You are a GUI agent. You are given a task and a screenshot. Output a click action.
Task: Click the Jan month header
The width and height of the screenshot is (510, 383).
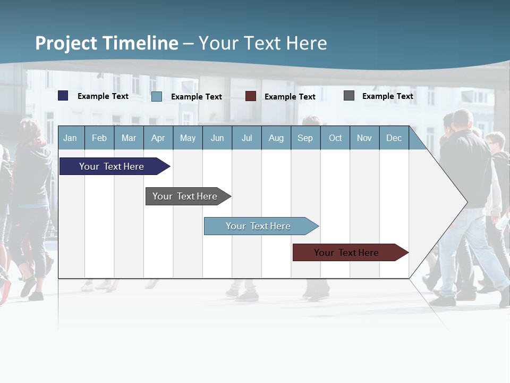click(x=70, y=138)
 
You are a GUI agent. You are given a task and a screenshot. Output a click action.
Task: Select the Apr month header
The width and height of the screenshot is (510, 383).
click(x=158, y=138)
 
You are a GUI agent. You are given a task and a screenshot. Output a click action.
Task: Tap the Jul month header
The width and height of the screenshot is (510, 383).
click(x=246, y=138)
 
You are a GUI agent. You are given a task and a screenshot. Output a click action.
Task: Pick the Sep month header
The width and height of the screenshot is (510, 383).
click(x=305, y=138)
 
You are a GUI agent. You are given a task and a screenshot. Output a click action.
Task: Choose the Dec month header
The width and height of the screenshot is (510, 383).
click(x=394, y=138)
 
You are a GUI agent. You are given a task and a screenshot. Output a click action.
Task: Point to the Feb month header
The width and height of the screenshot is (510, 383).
click(x=99, y=138)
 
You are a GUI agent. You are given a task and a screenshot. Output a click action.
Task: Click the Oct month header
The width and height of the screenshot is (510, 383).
click(x=335, y=138)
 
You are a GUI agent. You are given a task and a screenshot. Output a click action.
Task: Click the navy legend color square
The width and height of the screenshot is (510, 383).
click(x=63, y=96)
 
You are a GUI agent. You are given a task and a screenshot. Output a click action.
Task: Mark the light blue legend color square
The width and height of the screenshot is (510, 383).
click(x=157, y=96)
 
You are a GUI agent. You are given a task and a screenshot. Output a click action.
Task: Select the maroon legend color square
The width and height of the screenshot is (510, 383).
click(x=251, y=96)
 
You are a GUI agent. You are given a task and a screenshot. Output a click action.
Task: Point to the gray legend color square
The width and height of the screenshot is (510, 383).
click(x=349, y=96)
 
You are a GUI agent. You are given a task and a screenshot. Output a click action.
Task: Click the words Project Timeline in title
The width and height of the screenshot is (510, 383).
click(x=107, y=43)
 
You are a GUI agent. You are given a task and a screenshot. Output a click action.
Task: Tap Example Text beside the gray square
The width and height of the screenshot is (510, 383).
click(x=387, y=96)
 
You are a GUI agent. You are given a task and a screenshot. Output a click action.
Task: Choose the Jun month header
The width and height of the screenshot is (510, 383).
click(x=217, y=138)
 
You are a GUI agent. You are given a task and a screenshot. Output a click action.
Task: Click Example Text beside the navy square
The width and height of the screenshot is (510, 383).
click(x=103, y=96)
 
